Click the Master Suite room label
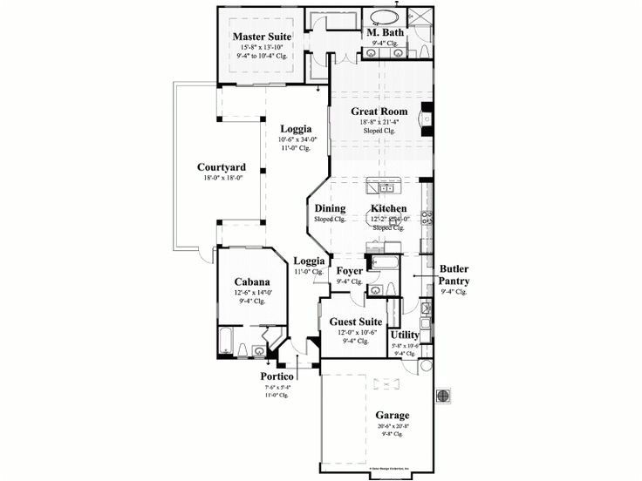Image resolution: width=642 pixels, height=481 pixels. point(262,36)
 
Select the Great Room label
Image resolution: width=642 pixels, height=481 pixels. point(380,112)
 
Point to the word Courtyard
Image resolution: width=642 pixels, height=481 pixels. point(221,167)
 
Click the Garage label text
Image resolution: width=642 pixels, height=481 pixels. point(393,416)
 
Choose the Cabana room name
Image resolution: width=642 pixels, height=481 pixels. point(251,281)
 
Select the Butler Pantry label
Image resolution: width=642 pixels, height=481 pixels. point(454,274)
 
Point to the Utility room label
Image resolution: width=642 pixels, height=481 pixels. point(405,335)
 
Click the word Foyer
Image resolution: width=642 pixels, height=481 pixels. point(351,271)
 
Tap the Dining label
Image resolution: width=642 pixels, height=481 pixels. point(330,208)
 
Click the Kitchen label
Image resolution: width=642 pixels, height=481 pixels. point(388,208)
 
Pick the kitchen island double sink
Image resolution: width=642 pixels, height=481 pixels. point(385,188)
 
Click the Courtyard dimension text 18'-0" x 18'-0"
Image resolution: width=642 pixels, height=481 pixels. point(221,178)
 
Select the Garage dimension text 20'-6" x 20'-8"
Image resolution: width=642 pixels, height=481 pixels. point(393,427)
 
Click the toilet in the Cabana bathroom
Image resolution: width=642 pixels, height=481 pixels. point(260,351)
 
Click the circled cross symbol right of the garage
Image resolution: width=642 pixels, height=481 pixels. point(444,395)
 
